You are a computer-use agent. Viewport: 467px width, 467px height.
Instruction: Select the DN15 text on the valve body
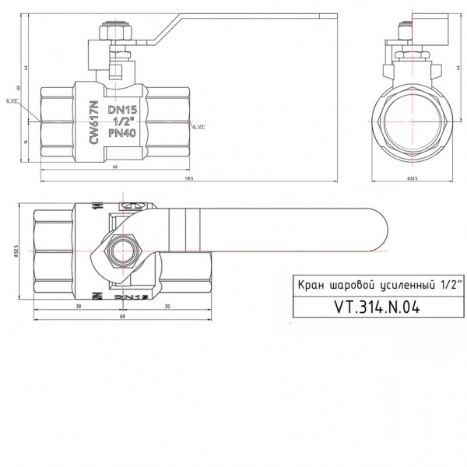(x=122, y=111)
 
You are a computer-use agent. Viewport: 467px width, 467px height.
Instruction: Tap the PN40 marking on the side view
(x=122, y=134)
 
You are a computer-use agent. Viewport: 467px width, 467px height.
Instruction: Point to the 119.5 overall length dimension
(x=188, y=179)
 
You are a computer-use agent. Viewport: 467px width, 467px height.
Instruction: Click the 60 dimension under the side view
(x=115, y=167)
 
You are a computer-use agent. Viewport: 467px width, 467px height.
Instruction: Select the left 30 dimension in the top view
(x=79, y=305)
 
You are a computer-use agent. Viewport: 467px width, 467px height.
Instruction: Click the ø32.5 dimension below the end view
(x=413, y=179)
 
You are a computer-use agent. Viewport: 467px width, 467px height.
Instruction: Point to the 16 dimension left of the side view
(x=26, y=141)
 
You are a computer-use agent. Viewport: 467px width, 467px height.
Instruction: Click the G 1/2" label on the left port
(x=12, y=100)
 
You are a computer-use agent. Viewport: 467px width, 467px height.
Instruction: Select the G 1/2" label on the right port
(x=198, y=127)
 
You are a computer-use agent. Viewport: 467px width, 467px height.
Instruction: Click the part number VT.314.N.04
(x=376, y=307)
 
